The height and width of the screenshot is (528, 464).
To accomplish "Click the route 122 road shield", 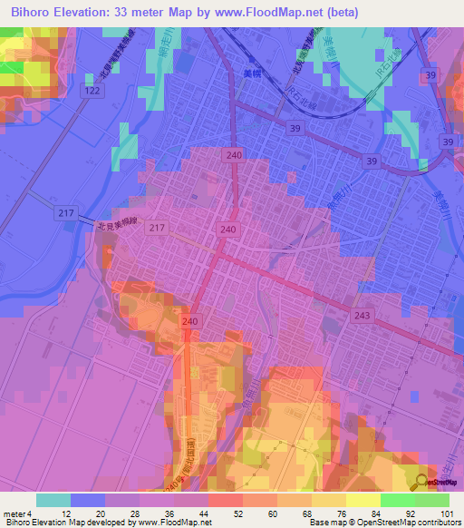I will pos(91,93).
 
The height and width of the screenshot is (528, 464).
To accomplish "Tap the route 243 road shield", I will pos(362,313).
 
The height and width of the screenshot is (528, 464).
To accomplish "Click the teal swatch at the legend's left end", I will pos(53,500).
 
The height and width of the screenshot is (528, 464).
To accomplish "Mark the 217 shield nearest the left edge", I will pos(39,212).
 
